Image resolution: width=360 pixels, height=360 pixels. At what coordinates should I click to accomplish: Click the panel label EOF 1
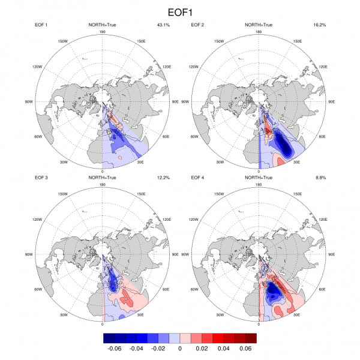[44, 25]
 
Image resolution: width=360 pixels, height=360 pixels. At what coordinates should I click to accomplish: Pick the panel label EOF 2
[199, 25]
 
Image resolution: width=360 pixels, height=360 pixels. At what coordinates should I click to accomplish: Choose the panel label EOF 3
[44, 178]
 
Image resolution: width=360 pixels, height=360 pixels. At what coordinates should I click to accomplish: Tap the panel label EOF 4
[199, 178]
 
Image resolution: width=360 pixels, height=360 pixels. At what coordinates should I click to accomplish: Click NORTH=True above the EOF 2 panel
[258, 25]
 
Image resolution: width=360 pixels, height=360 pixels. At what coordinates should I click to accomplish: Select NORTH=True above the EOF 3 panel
[103, 178]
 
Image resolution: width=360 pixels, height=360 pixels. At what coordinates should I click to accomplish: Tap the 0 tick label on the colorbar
[180, 348]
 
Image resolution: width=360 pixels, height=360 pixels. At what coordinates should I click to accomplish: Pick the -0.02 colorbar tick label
[157, 348]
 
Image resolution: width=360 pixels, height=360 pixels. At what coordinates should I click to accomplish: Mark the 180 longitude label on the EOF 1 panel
[103, 31]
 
